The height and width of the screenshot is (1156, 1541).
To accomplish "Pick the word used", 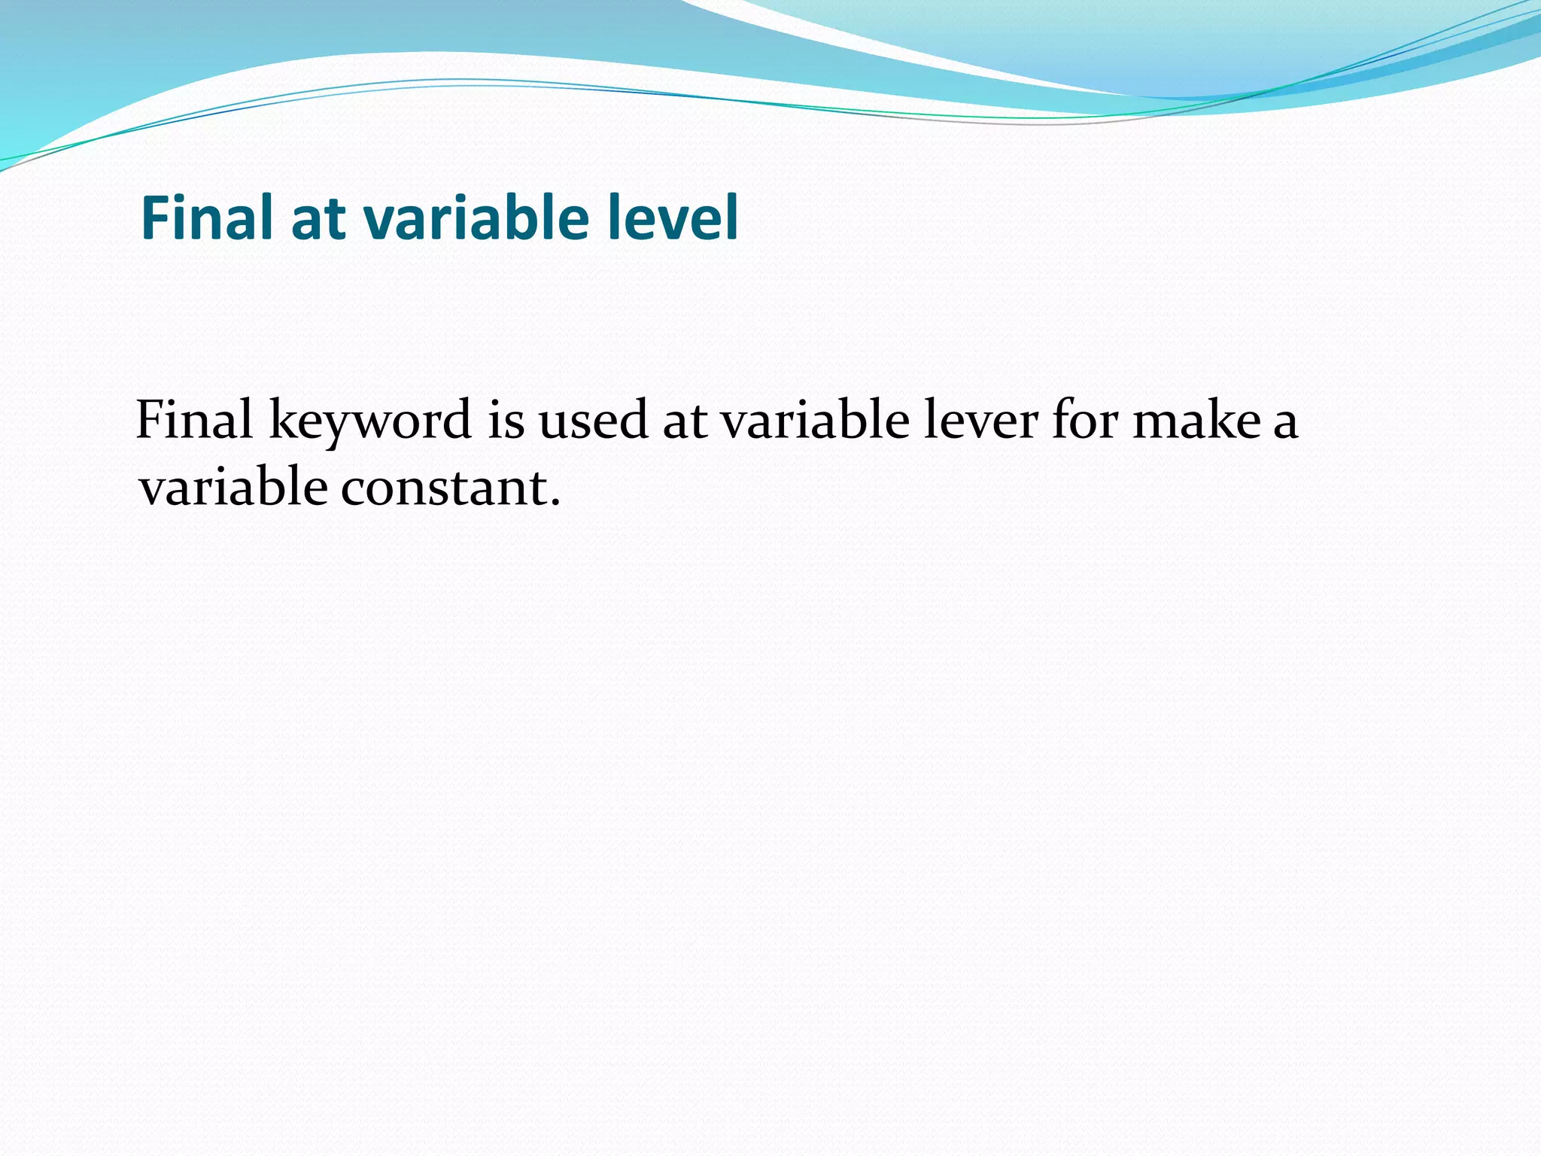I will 593,420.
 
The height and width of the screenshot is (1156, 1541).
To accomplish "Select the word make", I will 1196,420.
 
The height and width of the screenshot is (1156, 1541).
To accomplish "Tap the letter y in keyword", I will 333,427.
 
